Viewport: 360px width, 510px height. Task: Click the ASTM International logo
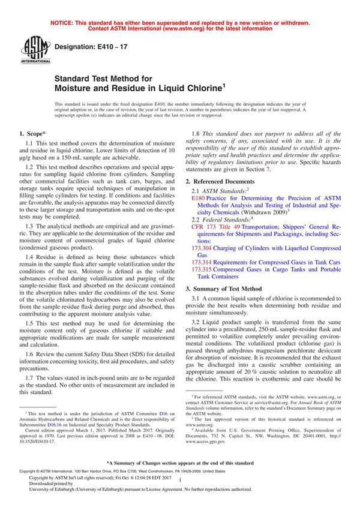point(31,50)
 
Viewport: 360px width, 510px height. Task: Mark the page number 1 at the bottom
point(179,488)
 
